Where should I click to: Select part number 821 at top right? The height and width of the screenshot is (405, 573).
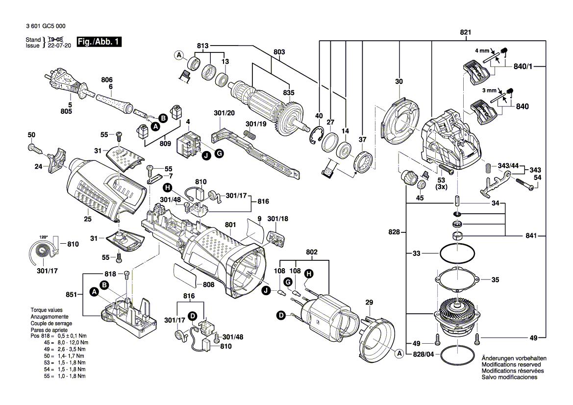pos(465,33)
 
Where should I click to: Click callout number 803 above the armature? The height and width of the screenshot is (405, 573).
pos(279,51)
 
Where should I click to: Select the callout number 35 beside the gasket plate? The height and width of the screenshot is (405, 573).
pos(495,280)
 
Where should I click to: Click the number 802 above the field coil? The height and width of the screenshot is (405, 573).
pos(312,252)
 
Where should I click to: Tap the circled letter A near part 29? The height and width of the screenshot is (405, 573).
pos(399,353)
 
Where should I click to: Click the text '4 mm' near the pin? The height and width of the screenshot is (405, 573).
pos(482,51)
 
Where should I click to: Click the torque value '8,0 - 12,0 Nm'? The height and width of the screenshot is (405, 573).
pos(73,342)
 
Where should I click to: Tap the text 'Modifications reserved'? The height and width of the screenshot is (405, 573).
pos(511,365)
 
